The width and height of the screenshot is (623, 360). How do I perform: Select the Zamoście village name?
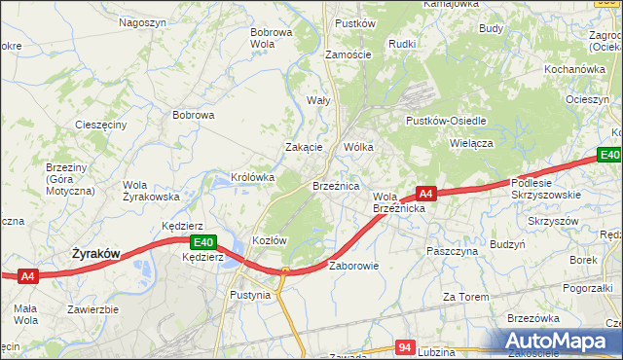click(x=348, y=55)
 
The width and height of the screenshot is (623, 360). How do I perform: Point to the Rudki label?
click(x=402, y=44)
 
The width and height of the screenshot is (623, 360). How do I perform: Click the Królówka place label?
click(x=253, y=178)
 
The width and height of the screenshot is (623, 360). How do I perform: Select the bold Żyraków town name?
click(x=96, y=254)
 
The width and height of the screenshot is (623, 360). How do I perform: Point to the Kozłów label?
click(x=268, y=240)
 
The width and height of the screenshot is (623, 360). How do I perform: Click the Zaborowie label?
click(x=353, y=266)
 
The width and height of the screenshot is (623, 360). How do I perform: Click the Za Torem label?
click(x=463, y=297)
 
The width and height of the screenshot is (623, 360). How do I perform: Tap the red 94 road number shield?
click(x=407, y=346)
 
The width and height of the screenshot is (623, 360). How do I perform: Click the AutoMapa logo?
click(x=559, y=342)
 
